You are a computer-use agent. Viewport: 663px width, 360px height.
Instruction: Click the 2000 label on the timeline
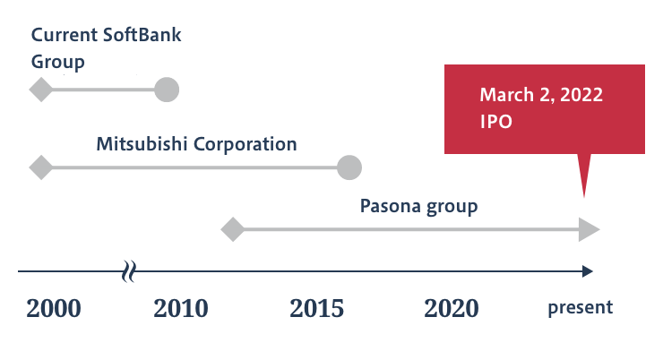click(x=53, y=308)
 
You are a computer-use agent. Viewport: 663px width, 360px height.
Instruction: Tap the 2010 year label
click(x=181, y=308)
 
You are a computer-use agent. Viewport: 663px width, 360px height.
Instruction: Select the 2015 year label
click(x=316, y=308)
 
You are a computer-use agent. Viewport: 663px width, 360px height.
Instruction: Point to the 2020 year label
click(x=452, y=308)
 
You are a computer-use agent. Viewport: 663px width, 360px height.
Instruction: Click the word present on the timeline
click(x=581, y=307)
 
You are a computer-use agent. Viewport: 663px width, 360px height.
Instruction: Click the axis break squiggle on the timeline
click(x=129, y=271)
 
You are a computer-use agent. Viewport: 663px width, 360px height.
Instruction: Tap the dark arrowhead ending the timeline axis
click(x=588, y=271)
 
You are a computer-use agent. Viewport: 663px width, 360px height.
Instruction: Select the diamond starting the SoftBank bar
click(x=41, y=90)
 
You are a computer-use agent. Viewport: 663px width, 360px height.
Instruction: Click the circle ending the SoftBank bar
click(x=167, y=90)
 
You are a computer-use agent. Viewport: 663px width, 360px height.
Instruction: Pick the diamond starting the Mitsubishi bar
click(x=41, y=167)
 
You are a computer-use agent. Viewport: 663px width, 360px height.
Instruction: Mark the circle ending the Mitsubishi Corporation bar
click(x=349, y=167)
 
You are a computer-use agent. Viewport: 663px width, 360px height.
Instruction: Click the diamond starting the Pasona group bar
click(x=233, y=229)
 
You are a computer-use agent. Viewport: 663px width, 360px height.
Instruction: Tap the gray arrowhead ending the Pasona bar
click(x=589, y=229)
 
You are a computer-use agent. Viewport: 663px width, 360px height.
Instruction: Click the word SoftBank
click(x=142, y=35)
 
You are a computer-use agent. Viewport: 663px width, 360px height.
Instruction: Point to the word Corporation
click(x=245, y=145)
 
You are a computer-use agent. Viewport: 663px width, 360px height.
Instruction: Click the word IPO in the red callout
click(x=496, y=122)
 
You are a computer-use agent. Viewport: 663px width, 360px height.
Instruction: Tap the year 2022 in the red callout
click(x=581, y=95)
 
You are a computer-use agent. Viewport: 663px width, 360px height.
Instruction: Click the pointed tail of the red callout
click(x=584, y=197)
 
